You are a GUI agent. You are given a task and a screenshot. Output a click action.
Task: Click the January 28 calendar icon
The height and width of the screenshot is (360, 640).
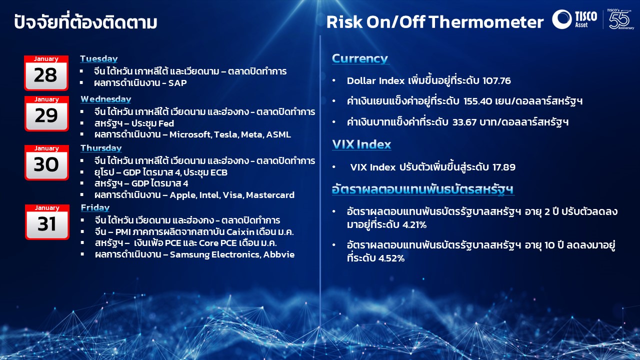point(46,73)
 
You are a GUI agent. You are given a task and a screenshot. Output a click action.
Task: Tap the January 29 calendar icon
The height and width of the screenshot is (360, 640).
point(46,113)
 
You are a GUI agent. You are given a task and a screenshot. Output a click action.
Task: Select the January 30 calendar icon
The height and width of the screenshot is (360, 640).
point(46,162)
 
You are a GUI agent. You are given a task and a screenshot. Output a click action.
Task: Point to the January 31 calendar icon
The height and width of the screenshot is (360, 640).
point(47,222)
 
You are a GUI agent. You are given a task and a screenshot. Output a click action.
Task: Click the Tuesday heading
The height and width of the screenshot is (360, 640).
point(99,59)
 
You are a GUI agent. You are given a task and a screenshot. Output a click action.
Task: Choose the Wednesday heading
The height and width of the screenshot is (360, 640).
point(105,99)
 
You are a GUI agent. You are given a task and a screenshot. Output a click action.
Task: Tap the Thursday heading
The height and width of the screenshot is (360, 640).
point(101,148)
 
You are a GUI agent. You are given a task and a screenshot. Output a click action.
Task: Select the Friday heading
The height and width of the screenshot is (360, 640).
point(95,207)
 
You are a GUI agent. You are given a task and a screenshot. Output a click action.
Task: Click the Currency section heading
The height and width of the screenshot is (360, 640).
point(360,58)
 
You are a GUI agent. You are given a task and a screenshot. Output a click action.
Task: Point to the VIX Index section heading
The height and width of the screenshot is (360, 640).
point(361,144)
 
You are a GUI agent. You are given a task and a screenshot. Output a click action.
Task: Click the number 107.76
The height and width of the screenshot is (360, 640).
point(496,81)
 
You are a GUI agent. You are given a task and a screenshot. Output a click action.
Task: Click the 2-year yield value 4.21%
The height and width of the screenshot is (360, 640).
point(414,225)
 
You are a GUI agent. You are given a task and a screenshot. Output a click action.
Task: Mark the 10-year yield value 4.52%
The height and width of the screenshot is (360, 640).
point(391,258)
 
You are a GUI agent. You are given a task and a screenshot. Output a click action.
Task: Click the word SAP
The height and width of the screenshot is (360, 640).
point(177,83)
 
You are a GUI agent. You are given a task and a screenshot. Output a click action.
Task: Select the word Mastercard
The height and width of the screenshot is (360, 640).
point(270,195)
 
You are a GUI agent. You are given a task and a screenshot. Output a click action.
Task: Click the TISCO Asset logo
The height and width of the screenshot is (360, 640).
point(574,19)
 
